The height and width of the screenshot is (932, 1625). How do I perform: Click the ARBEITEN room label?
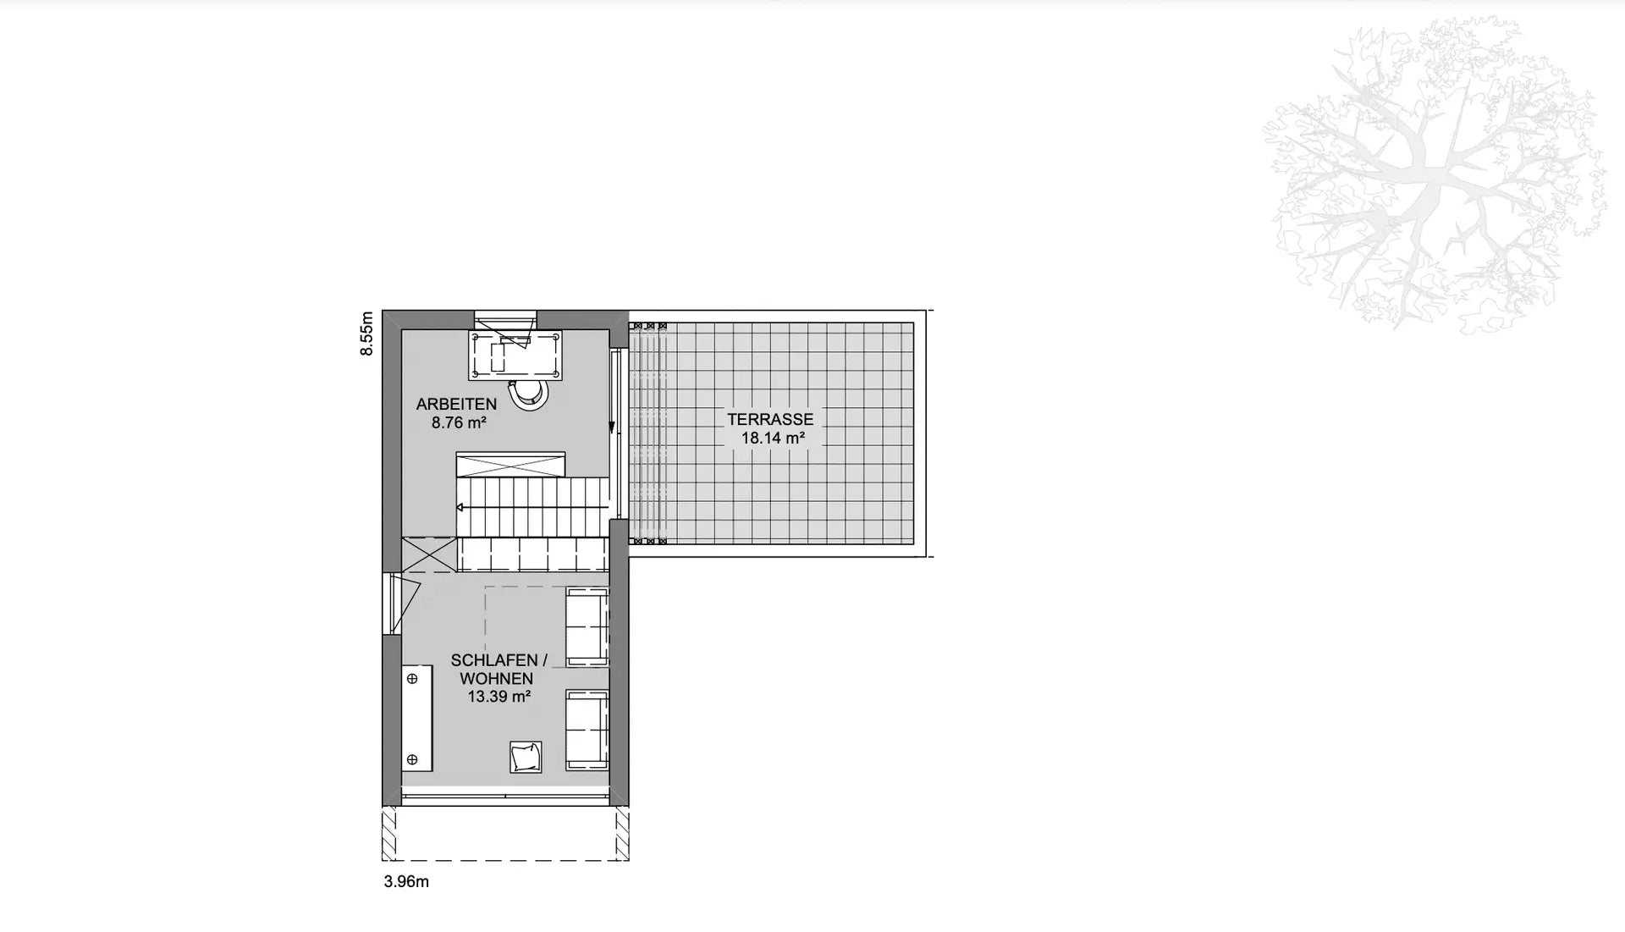pyautogui.click(x=456, y=405)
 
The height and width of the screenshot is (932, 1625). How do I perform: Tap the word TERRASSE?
pyautogui.click(x=770, y=420)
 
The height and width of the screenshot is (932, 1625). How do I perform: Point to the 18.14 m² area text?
pyautogui.click(x=773, y=438)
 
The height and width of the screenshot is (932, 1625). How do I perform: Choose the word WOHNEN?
pyautogui.click(x=496, y=679)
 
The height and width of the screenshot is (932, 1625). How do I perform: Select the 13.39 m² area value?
pyautogui.click(x=499, y=698)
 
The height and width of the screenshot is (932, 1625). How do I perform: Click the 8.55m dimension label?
pyautogui.click(x=366, y=334)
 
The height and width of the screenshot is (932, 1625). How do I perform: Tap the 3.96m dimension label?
pyautogui.click(x=406, y=882)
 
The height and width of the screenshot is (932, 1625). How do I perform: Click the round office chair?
pyautogui.click(x=527, y=394)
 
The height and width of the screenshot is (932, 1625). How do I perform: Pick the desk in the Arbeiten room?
pyautogui.click(x=517, y=356)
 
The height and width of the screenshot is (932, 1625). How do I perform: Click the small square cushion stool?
pyautogui.click(x=526, y=757)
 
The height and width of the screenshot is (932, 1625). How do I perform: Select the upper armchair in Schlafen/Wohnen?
pyautogui.click(x=587, y=626)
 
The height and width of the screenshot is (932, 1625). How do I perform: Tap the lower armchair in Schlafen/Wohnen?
pyautogui.click(x=587, y=730)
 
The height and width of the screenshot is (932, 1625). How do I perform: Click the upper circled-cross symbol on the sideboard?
pyautogui.click(x=413, y=679)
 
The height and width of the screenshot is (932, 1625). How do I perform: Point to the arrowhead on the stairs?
pyautogui.click(x=460, y=508)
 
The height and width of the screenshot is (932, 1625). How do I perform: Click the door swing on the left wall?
pyautogui.click(x=405, y=604)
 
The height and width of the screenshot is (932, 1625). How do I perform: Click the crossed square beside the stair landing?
pyautogui.click(x=429, y=554)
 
